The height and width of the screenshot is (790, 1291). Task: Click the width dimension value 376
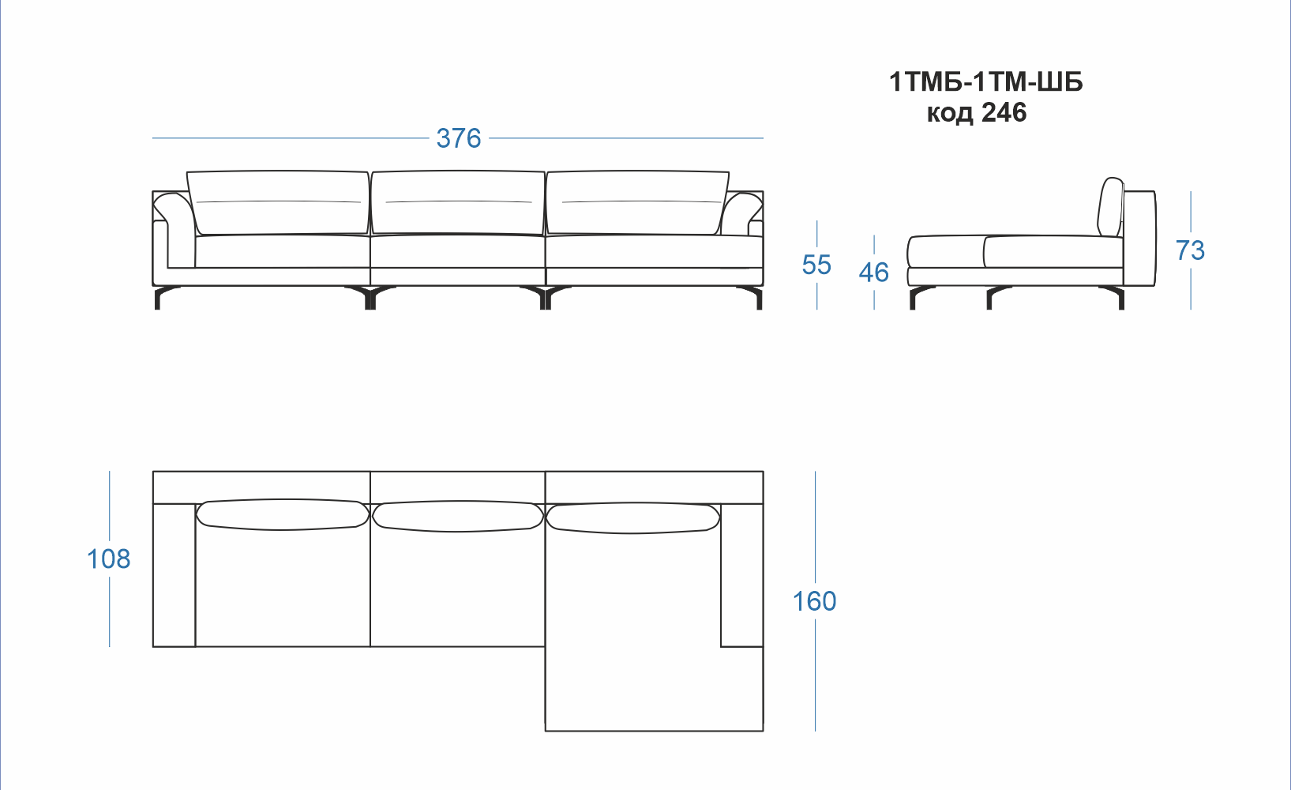[458, 138]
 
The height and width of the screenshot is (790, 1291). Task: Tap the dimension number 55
[816, 265]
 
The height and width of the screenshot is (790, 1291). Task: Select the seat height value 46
[874, 273]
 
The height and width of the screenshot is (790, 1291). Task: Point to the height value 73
[1190, 251]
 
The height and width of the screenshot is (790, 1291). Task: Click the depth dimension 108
[108, 559]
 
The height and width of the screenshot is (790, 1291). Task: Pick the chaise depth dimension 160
[814, 601]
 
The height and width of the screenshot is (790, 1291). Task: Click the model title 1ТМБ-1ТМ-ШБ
[986, 82]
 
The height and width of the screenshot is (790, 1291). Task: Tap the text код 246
[977, 112]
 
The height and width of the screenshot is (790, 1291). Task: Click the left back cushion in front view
[279, 203]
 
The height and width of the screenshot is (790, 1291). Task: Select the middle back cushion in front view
[458, 203]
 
